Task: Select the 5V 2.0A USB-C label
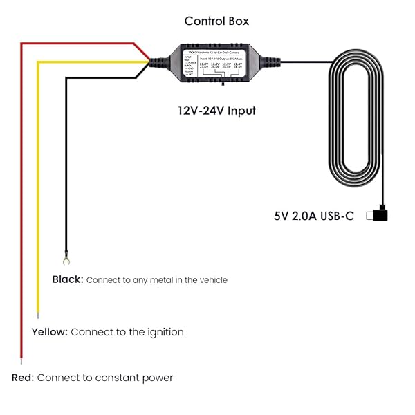(x=313, y=216)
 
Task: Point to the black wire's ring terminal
(x=66, y=261)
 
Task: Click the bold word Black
(x=68, y=279)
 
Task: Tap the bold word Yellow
(x=49, y=332)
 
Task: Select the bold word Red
(x=23, y=378)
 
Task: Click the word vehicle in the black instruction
(x=212, y=280)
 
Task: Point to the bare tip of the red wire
(x=21, y=361)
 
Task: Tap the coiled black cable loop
(x=354, y=118)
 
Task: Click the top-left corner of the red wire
(x=22, y=44)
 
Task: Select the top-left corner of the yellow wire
(x=39, y=62)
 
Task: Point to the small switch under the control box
(x=222, y=86)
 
